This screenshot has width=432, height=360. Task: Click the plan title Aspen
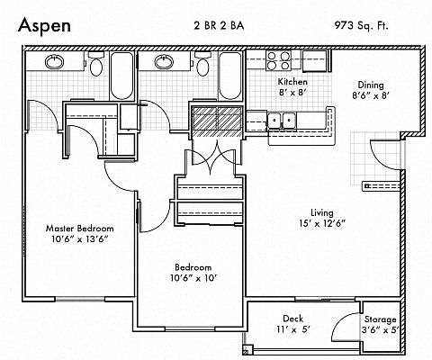pyautogui.click(x=44, y=25)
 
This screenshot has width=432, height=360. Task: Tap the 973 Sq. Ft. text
pyautogui.click(x=361, y=25)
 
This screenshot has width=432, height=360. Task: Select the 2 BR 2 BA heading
pyautogui.click(x=219, y=25)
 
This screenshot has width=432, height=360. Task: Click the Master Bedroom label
pyautogui.click(x=80, y=229)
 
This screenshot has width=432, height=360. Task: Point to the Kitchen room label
pyautogui.click(x=292, y=82)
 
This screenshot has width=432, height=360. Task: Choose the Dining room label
pyautogui.click(x=371, y=85)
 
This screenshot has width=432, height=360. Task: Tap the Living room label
pyautogui.click(x=322, y=213)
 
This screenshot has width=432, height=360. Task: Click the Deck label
pyautogui.click(x=292, y=319)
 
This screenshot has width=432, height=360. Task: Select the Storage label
pyautogui.click(x=380, y=319)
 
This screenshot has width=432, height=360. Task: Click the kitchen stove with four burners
pyautogui.click(x=279, y=60)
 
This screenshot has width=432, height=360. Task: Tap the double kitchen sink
pyautogui.click(x=282, y=121)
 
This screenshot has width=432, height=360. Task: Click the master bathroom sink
pyautogui.click(x=54, y=62)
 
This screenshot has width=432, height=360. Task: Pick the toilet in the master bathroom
pyautogui.click(x=96, y=64)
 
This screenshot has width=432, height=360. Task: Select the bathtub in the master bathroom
pyautogui.click(x=121, y=76)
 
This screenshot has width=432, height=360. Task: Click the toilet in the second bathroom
pyautogui.click(x=202, y=64)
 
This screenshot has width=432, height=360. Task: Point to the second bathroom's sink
pyautogui.click(x=164, y=62)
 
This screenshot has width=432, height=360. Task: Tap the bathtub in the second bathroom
pyautogui.click(x=230, y=76)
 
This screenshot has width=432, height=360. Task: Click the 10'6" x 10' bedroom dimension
pyautogui.click(x=193, y=278)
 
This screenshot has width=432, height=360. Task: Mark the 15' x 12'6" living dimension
pyautogui.click(x=322, y=223)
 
